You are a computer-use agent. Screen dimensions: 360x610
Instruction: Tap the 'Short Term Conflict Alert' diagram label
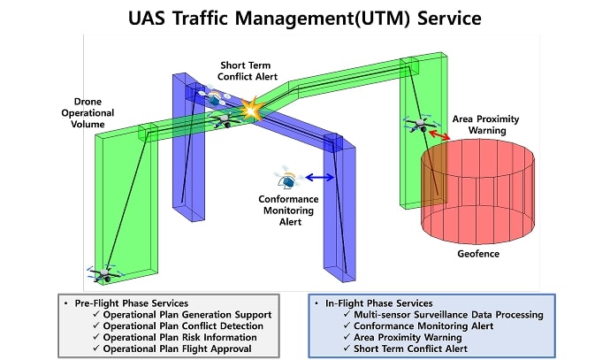(249, 71)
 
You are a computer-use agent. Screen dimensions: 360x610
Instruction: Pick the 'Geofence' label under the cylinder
(478, 255)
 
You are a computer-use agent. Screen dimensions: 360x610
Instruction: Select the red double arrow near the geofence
(439, 135)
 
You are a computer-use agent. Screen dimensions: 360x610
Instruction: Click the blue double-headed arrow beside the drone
(319, 178)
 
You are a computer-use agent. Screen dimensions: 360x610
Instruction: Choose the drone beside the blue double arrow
(289, 178)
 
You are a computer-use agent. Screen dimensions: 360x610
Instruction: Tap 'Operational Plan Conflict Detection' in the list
(182, 326)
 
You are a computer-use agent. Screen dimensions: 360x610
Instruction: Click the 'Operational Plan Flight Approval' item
(177, 349)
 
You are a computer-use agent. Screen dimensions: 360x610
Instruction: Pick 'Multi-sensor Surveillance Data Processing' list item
(448, 314)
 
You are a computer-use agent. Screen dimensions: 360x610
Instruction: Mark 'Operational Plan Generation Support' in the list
(187, 314)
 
